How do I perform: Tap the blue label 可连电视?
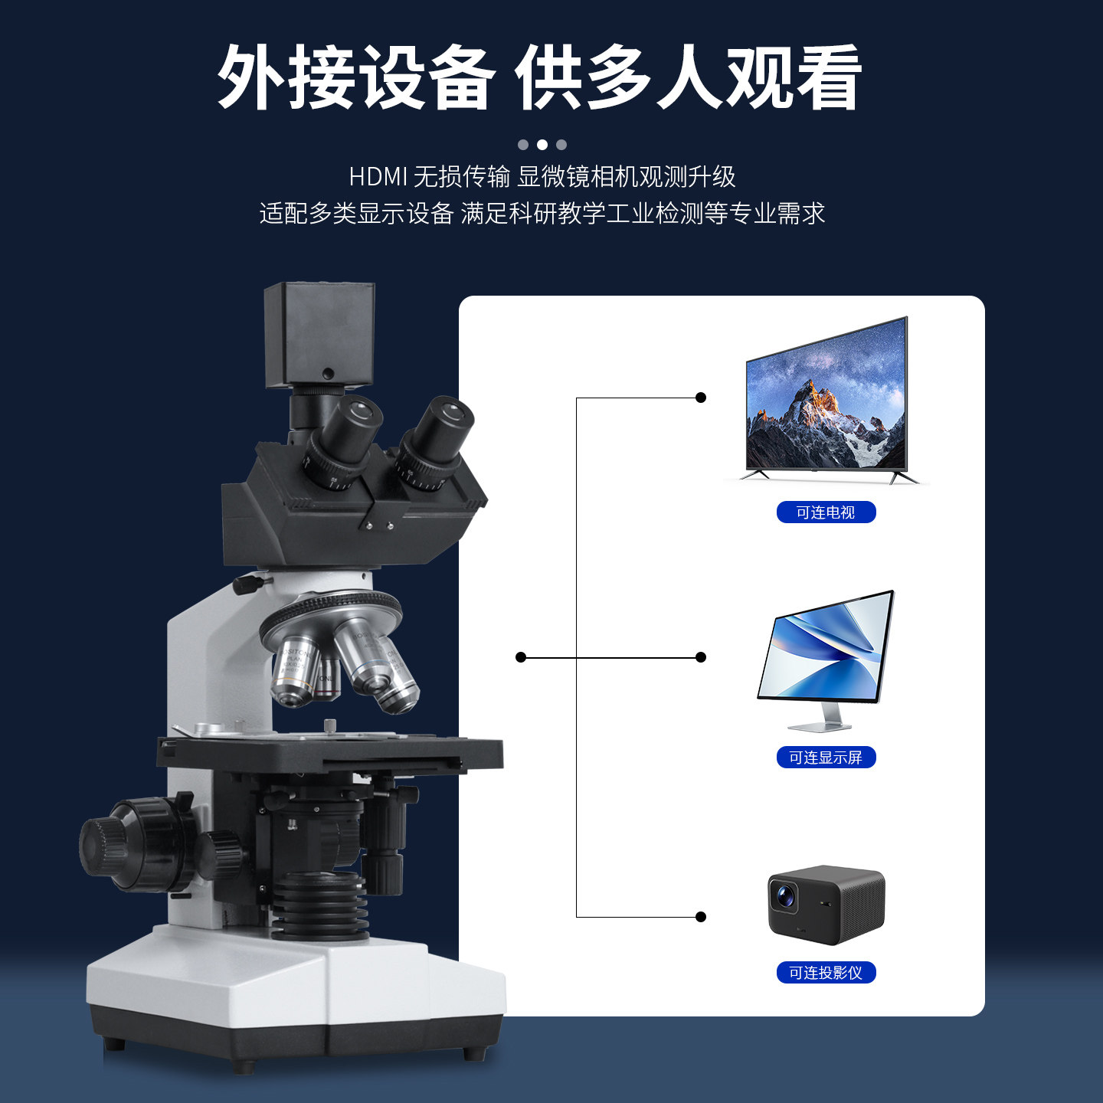coord(826,512)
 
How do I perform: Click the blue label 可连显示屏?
coord(826,758)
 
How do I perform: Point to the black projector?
coord(826,904)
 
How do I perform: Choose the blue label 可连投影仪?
coord(826,973)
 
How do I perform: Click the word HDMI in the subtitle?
coord(378,177)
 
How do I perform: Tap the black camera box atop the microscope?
coord(319,334)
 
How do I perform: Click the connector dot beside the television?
coord(701,398)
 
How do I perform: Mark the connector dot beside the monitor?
coord(701,657)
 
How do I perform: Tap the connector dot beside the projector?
coord(701,917)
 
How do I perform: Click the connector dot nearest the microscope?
coord(521,657)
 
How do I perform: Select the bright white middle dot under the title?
coord(542,145)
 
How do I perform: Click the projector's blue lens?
coord(784,894)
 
